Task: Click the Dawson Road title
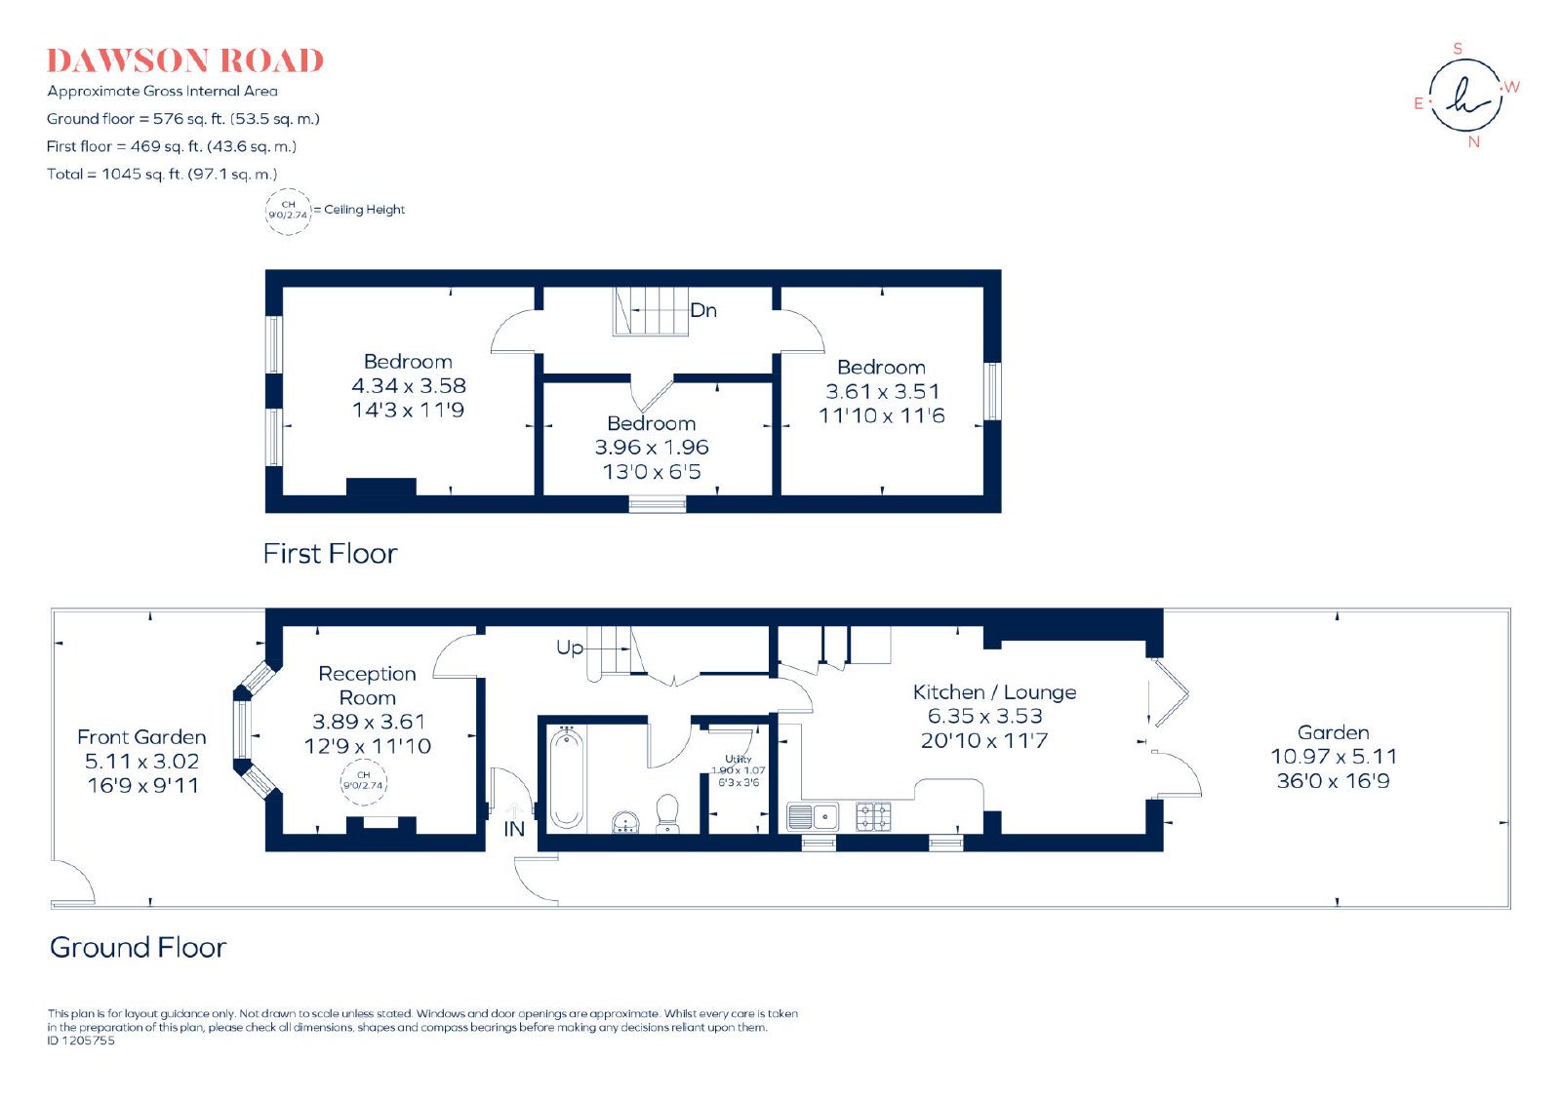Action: tap(185, 60)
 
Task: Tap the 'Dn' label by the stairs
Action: tap(703, 310)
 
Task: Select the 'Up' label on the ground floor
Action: tap(570, 649)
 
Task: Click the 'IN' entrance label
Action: tap(513, 829)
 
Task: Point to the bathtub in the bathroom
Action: tap(566, 778)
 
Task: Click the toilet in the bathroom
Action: tap(667, 813)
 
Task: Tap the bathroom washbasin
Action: tap(625, 822)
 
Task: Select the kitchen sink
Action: tap(813, 816)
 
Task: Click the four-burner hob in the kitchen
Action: tap(873, 816)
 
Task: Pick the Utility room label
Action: tap(738, 759)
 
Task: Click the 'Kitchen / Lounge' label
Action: tap(994, 692)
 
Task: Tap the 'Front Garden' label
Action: tap(141, 737)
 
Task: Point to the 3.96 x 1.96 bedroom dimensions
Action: tap(652, 447)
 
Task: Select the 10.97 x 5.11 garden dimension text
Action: tap(1333, 757)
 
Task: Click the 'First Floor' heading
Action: tap(330, 554)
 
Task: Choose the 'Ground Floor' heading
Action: tap(138, 947)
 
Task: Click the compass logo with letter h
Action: tap(1465, 96)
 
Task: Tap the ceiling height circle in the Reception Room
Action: tap(363, 781)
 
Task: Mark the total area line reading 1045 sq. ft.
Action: tap(162, 175)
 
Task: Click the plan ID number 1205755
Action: tap(81, 1041)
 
